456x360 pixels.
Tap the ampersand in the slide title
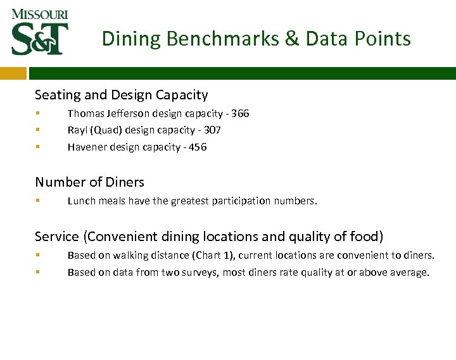click(x=292, y=39)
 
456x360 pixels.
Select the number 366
click(x=240, y=114)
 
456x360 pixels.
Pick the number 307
click(x=212, y=130)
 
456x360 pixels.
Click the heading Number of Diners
click(x=89, y=182)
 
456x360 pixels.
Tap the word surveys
click(x=201, y=273)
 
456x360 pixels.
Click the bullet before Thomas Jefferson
click(x=38, y=114)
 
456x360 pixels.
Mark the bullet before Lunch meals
click(x=38, y=201)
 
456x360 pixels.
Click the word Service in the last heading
click(x=57, y=237)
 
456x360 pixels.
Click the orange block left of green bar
click(x=13, y=73)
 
